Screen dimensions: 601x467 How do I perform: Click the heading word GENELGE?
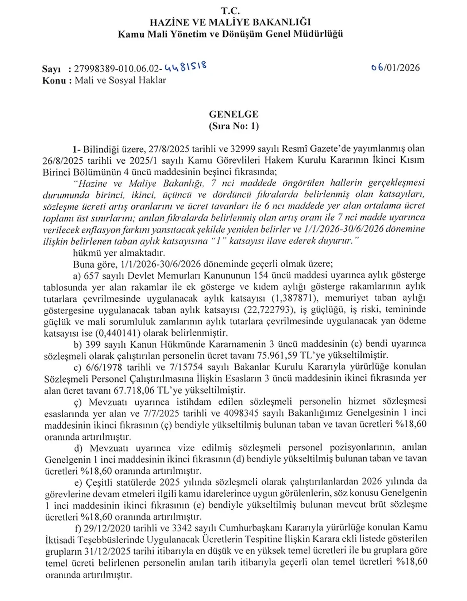(x=233, y=114)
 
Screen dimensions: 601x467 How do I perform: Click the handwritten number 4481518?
(x=186, y=67)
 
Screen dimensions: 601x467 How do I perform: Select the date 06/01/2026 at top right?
(x=395, y=68)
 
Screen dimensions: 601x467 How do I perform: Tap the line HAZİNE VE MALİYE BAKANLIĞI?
(x=230, y=23)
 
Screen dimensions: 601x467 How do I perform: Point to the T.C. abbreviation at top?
(x=230, y=11)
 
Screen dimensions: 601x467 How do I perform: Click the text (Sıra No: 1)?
(x=233, y=126)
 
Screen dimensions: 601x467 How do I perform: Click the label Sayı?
(x=51, y=69)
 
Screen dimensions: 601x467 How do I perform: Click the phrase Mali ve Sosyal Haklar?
(x=120, y=80)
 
